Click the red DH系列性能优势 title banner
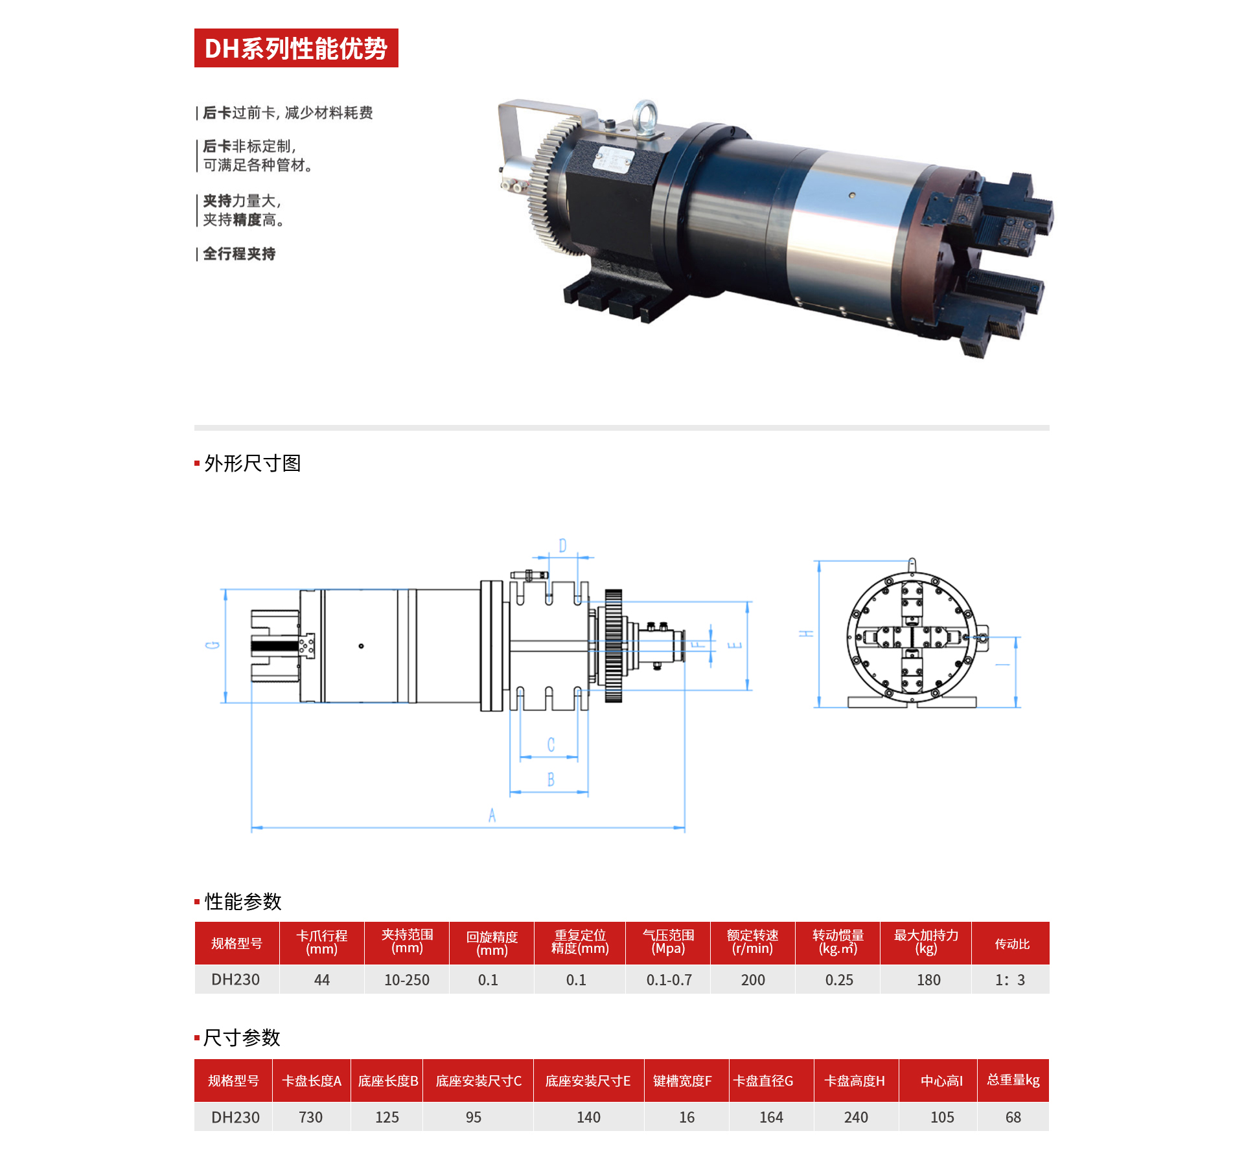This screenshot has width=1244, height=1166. pos(296,48)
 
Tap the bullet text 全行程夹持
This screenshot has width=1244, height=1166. pos(239,254)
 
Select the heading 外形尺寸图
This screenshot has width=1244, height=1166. pos(253,463)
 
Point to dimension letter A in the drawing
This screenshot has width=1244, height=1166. pos(492,816)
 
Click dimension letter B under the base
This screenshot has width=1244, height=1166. pos(551,779)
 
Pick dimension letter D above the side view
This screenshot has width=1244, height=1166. pos(562,546)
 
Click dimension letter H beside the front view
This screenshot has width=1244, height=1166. pos(806,633)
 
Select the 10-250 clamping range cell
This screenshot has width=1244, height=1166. pos(407,980)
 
